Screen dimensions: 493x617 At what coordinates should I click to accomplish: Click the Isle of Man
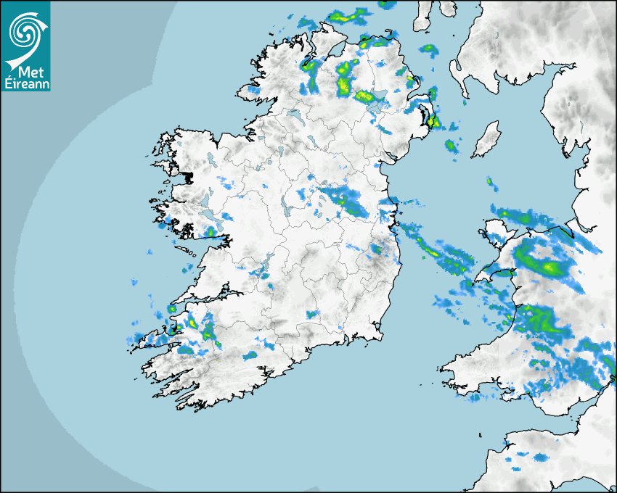[486, 140]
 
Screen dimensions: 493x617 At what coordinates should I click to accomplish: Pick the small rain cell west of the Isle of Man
[451, 146]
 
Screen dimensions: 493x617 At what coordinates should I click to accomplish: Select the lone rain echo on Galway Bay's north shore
[211, 232]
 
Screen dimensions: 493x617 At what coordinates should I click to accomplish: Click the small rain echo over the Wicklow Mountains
[375, 249]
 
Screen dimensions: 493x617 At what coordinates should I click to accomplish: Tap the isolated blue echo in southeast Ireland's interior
[312, 315]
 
